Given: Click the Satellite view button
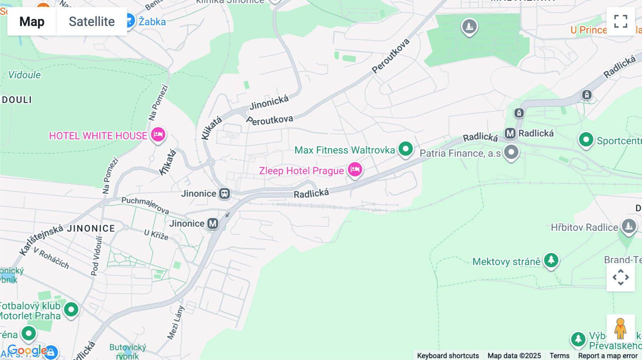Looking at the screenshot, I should (92, 21).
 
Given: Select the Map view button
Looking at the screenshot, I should (32, 21).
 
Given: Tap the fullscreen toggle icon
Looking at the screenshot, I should (621, 21).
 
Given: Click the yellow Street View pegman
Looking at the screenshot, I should (620, 328).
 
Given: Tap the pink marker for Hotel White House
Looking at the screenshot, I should (158, 134).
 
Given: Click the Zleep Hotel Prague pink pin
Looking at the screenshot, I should (355, 169).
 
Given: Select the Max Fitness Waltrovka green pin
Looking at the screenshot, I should (406, 149).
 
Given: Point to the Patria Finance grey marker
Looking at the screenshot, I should (511, 152).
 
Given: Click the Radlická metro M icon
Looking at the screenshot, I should (510, 133).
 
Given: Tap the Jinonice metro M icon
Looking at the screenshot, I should (213, 223).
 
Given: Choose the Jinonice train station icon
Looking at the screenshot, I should (224, 194).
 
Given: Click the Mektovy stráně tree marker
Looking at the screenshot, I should (551, 260).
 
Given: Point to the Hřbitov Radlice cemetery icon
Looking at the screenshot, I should (628, 226).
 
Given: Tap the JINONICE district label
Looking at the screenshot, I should (91, 228).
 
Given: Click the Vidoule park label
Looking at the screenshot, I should (24, 75).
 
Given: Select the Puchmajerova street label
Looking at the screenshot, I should (145, 205).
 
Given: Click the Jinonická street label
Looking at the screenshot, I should (269, 102).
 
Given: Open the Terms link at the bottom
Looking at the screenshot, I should (559, 355).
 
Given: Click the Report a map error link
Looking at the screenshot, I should (608, 355).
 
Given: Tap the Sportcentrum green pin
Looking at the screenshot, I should (586, 140).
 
